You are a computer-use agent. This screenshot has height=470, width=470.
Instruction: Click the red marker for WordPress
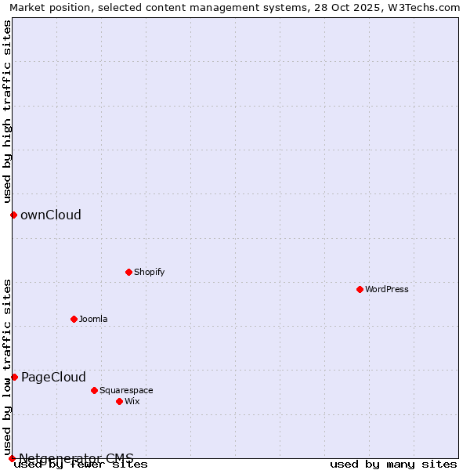360,289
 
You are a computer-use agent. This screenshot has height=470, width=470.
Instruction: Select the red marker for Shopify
128,272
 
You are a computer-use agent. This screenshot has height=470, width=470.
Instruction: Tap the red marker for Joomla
74,319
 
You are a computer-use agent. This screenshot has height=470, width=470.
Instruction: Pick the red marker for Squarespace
94,390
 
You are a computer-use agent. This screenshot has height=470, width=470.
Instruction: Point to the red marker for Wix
119,401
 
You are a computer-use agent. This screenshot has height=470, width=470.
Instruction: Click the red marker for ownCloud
13,215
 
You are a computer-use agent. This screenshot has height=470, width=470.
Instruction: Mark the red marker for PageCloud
14,377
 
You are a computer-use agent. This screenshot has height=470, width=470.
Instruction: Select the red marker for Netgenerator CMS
12,458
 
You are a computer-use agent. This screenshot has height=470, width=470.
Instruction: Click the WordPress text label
387,289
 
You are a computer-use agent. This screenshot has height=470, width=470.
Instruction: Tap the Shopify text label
149,272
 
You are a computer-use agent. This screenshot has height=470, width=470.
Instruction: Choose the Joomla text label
93,319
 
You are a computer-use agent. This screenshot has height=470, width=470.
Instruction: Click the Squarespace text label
126,390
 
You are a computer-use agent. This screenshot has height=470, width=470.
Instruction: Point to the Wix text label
132,401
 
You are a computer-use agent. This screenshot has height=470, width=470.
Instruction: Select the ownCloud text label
51,215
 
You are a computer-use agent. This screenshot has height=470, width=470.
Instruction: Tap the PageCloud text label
53,377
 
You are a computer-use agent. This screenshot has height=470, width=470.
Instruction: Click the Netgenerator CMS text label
76,458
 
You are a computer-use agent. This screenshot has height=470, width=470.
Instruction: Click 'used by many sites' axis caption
393,465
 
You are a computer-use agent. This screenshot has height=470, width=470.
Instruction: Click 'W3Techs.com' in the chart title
428,7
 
